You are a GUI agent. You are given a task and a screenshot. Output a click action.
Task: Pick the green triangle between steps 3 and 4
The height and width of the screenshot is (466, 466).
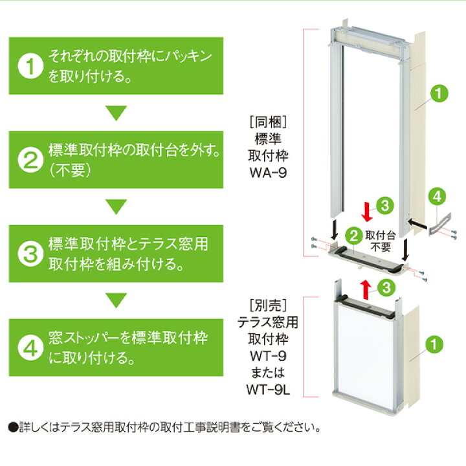116,300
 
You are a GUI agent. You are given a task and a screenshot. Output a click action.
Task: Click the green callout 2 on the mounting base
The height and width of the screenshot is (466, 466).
353,234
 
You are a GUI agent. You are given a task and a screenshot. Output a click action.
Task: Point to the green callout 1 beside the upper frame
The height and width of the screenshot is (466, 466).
438,93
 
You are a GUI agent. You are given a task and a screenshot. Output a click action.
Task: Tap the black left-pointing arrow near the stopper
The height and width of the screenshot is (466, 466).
419,223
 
